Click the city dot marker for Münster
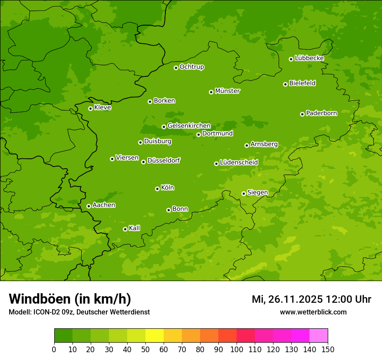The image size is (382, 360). coord(211,92)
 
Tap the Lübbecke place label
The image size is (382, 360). coord(309,58)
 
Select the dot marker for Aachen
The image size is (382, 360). coord(89,206)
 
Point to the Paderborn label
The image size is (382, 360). coord(321,113)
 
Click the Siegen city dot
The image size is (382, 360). coord(244,193)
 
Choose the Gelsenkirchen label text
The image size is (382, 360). coord(189,126)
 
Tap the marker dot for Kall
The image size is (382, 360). coord(125,229)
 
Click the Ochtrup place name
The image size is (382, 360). coord(191,67)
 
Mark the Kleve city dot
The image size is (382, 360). coord(91,108)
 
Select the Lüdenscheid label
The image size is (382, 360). coord(239,163)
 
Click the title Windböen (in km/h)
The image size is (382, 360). coord(69,299)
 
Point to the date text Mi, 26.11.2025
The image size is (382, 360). coord(286,299)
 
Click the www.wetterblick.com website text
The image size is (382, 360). coord(313,312)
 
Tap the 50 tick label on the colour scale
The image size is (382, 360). coord(145,349)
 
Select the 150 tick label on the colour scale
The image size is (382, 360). coord(328,349)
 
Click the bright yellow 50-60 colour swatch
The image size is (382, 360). coord(155,336)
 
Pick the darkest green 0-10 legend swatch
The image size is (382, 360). coord(63,336)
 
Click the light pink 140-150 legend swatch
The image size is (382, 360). coord(319,336)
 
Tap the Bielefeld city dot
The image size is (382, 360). coord(286,84)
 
